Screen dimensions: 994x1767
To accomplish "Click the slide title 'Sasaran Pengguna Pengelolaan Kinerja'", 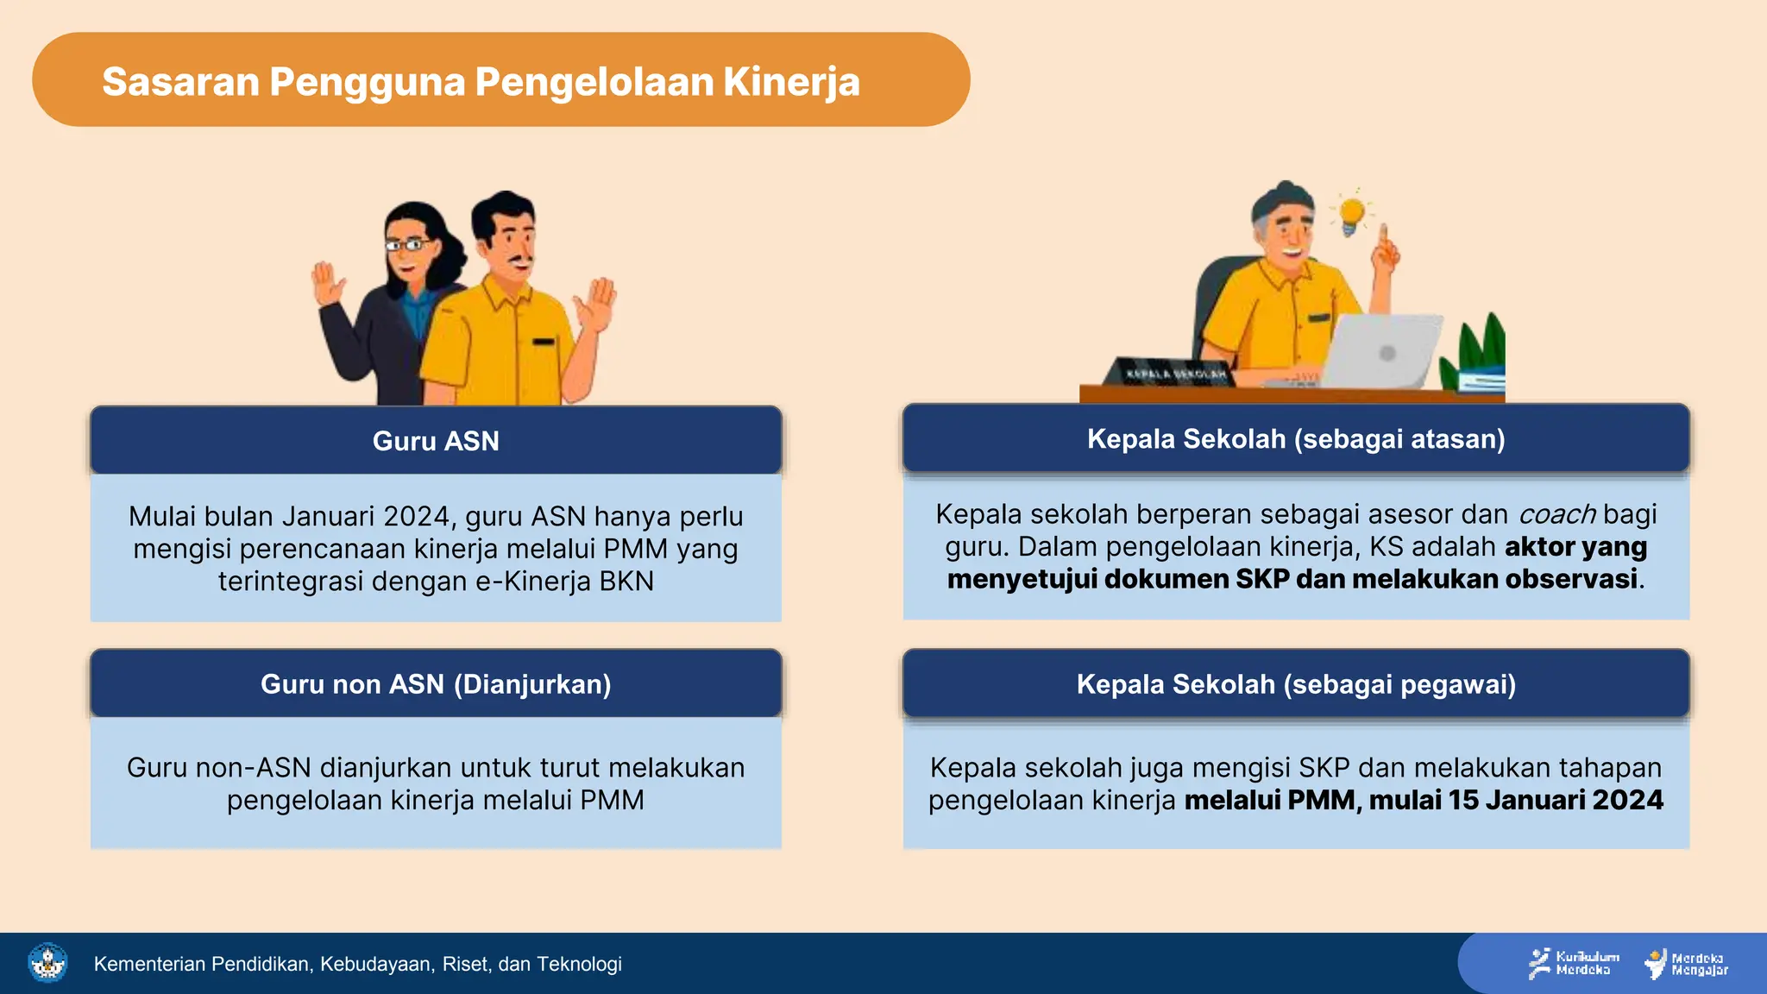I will pyautogui.click(x=481, y=82).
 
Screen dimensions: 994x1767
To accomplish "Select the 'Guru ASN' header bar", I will pyautogui.click(x=436, y=441).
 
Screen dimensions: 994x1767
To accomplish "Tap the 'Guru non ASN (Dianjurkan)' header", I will pyautogui.click(x=436, y=684).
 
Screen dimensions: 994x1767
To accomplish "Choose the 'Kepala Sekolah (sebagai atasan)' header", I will pyautogui.click(x=1296, y=439).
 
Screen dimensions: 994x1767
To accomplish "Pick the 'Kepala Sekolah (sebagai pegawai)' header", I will pyautogui.click(x=1296, y=684).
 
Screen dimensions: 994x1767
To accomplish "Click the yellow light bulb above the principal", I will pyautogui.click(x=1351, y=214).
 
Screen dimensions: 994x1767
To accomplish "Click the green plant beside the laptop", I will pyautogui.click(x=1482, y=345).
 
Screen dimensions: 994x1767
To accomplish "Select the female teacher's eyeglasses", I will pyautogui.click(x=407, y=245).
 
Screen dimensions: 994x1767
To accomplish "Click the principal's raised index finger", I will pyautogui.click(x=1383, y=236).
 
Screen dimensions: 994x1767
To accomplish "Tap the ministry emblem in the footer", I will pyautogui.click(x=47, y=963).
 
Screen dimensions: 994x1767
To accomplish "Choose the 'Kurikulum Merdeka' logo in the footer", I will pyautogui.click(x=1573, y=963).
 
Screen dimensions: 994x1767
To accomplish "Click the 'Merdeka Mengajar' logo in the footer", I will pyautogui.click(x=1687, y=964).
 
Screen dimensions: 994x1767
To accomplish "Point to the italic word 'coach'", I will pyautogui.click(x=1556, y=514).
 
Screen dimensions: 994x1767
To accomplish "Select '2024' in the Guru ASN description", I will pyautogui.click(x=417, y=516).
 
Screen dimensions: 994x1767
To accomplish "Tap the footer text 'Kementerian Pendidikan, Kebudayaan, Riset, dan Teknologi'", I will pyautogui.click(x=357, y=964).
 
